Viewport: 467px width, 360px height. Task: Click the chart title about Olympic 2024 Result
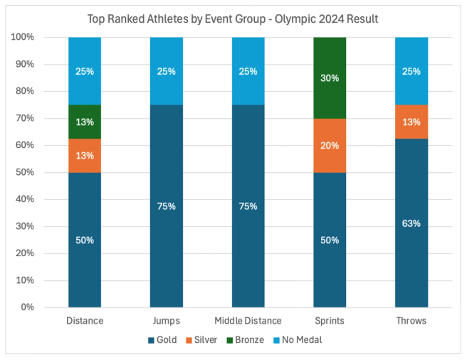click(233, 18)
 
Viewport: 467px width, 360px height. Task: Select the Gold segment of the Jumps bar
click(166, 206)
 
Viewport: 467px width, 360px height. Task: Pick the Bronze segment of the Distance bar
click(85, 121)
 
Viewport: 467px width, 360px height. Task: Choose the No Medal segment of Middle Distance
click(248, 70)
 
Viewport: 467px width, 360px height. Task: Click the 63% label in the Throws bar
click(411, 223)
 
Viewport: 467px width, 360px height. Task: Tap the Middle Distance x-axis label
click(248, 321)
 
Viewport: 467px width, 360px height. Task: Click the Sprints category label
click(330, 321)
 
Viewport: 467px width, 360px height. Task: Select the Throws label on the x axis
click(411, 321)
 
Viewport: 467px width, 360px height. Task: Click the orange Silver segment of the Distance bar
click(85, 155)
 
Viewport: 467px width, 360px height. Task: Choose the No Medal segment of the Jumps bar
click(166, 70)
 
